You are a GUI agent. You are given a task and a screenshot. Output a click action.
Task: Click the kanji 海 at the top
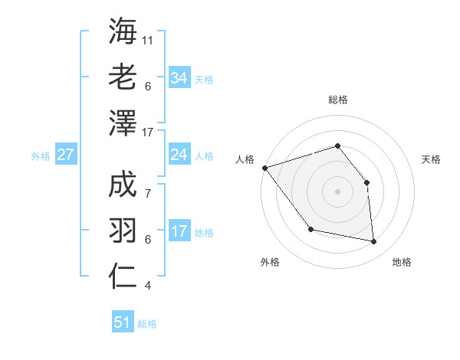coord(123,32)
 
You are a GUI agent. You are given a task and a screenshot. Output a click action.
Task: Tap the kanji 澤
coord(123,123)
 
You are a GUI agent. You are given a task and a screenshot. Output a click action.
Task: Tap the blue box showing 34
coord(179,77)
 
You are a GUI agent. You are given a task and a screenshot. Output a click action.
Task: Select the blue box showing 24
coord(179,155)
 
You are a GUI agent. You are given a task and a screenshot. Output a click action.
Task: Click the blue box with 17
coord(179,231)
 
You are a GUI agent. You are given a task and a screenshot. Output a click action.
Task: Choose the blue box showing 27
coord(65,155)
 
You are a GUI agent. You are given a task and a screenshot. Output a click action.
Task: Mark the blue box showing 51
coord(123,322)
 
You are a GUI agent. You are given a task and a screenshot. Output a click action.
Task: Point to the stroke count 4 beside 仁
coord(147,286)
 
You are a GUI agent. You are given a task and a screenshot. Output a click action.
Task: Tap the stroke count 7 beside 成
coord(147,185)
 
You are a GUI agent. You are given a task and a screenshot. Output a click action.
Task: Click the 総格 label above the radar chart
coord(337,100)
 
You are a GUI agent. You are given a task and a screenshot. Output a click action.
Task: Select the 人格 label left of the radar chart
coord(245,159)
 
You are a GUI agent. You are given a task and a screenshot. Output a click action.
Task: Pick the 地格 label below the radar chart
coord(402,262)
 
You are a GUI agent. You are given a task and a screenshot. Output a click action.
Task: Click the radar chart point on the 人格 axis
coord(264,168)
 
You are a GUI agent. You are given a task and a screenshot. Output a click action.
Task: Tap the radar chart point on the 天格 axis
coord(366,182)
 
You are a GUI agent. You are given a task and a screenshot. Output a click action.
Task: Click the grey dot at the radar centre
coord(337,191)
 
